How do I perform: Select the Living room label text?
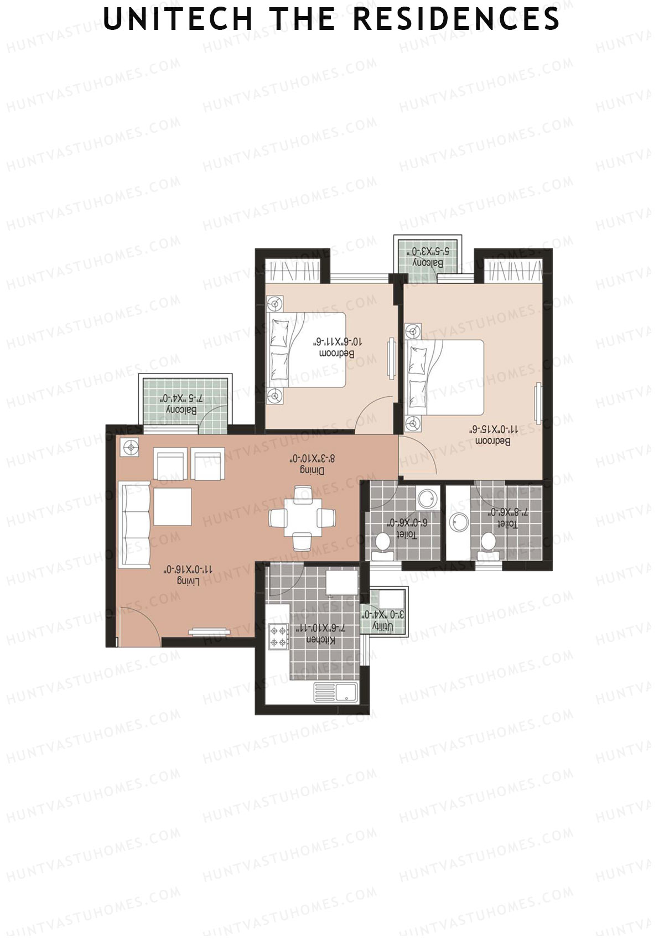(x=188, y=580)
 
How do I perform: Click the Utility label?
(x=382, y=626)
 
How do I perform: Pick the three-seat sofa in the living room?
(x=134, y=525)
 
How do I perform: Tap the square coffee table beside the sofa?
(x=173, y=506)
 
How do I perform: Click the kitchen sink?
(x=335, y=692)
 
